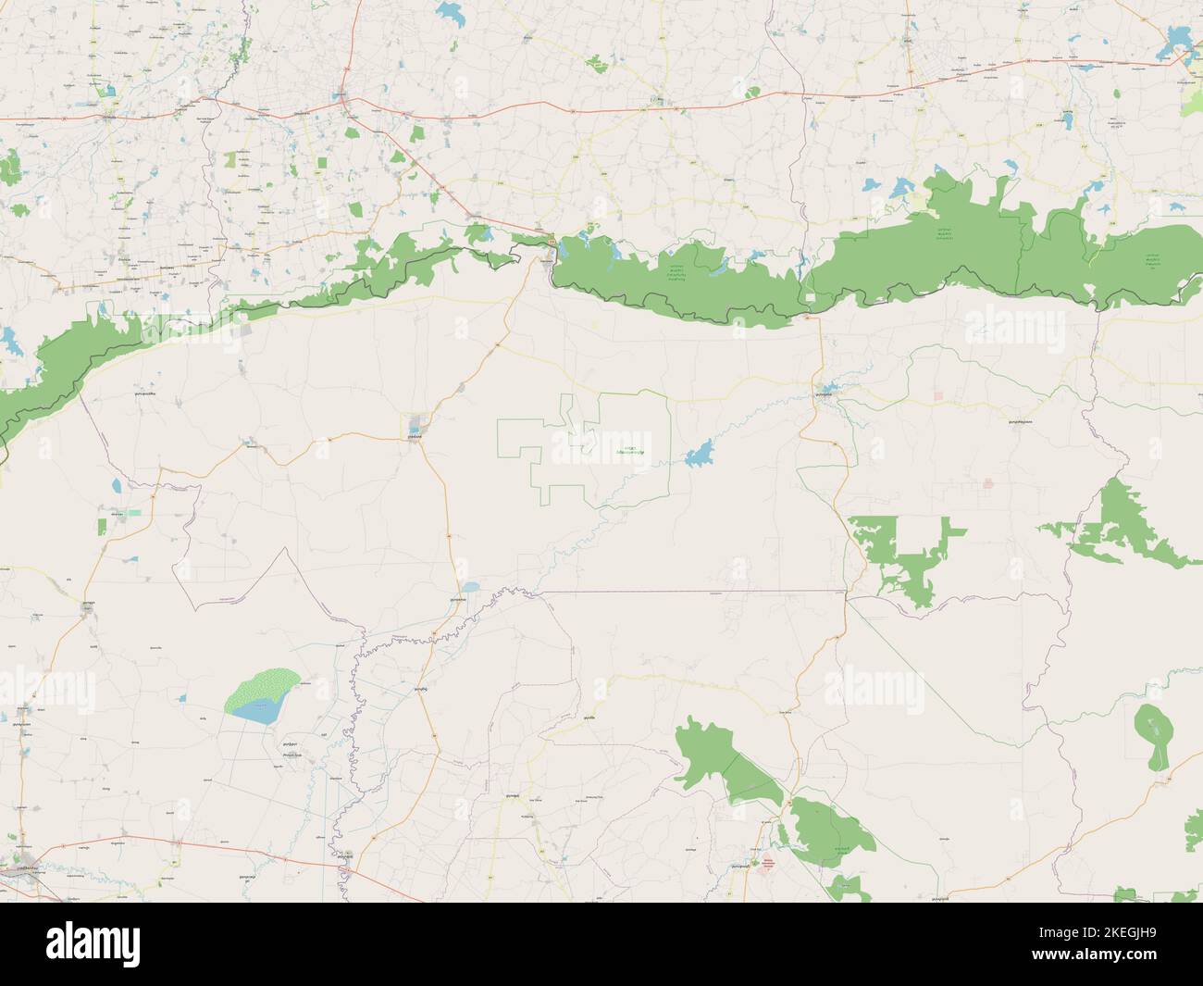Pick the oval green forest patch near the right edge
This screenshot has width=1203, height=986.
click(1151, 736)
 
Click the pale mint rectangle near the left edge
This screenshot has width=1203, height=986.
click(135, 511)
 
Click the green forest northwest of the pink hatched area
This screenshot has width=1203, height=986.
click(722, 759)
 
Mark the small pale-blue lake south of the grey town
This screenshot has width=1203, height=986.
click(470, 587)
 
